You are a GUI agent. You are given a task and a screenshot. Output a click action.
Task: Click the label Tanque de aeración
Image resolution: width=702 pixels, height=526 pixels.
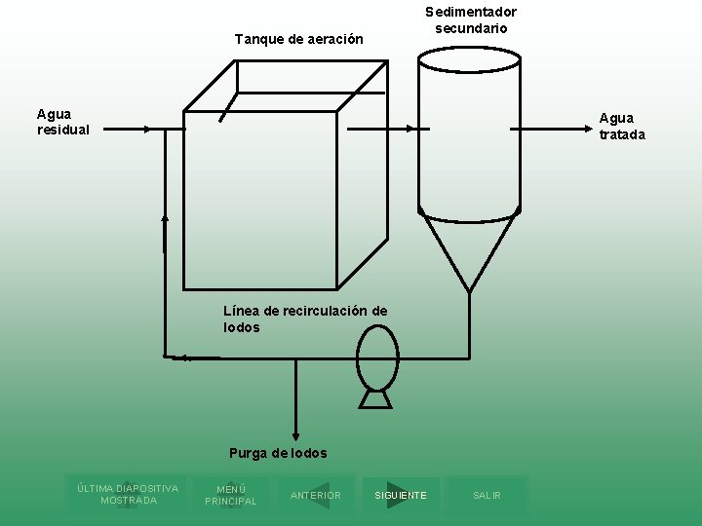(x=298, y=40)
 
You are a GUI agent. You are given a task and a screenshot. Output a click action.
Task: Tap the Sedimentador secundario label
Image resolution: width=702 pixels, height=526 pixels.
(x=471, y=19)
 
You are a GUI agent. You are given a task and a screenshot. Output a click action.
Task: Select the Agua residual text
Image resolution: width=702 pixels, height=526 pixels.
(x=63, y=122)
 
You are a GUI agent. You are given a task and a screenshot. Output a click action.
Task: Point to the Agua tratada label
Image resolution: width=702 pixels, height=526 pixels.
(x=622, y=127)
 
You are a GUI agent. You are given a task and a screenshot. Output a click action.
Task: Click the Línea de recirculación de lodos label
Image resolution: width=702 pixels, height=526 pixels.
(x=304, y=319)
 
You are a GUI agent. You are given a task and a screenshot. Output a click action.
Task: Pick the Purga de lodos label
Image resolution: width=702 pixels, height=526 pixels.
(x=278, y=453)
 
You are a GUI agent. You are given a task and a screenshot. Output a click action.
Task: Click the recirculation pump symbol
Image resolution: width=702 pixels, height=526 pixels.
(x=377, y=357)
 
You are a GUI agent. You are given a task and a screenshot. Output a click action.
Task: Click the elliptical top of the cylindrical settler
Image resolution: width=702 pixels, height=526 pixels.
(x=469, y=59)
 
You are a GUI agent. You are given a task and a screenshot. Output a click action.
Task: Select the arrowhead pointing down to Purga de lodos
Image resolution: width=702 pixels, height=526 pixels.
(x=295, y=437)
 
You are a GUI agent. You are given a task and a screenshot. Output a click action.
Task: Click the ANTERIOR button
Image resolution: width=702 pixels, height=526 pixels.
(x=316, y=496)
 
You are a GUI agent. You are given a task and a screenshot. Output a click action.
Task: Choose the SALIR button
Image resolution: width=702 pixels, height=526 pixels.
(x=487, y=496)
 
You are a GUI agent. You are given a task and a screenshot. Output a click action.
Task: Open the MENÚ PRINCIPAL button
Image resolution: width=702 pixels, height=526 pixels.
(x=231, y=495)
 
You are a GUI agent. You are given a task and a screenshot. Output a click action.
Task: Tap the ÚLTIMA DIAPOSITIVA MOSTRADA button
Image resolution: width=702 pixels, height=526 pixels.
(x=128, y=494)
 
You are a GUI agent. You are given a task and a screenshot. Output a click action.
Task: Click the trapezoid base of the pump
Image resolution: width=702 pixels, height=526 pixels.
(x=375, y=399)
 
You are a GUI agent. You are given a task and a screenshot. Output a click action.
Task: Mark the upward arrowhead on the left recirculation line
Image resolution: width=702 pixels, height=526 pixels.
(x=165, y=218)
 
